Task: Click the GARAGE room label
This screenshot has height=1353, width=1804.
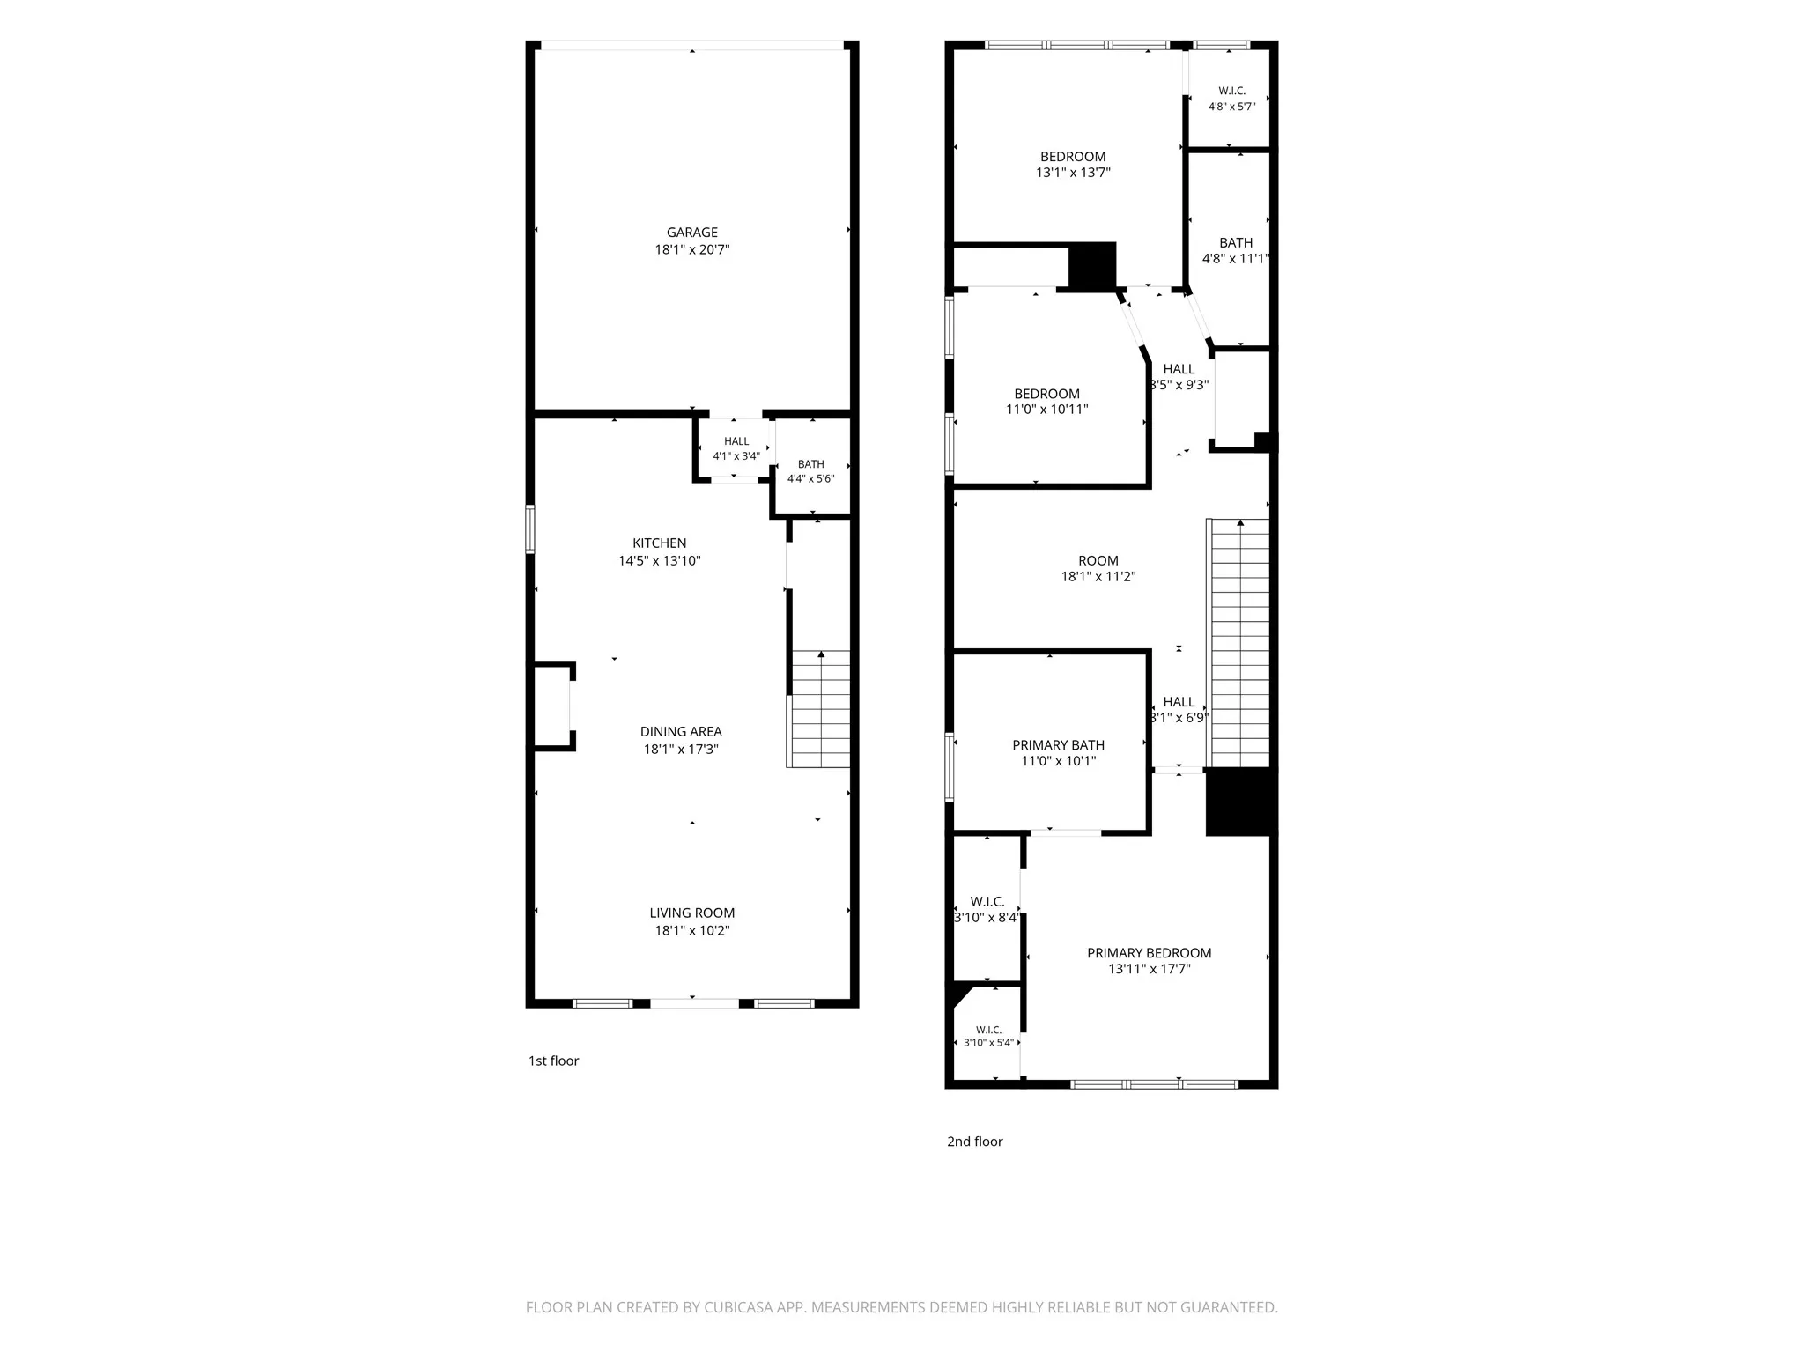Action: click(x=691, y=233)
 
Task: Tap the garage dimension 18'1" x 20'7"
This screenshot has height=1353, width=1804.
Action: click(x=691, y=249)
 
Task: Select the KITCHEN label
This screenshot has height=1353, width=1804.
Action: click(x=659, y=543)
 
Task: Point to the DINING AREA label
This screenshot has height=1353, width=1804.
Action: click(x=681, y=731)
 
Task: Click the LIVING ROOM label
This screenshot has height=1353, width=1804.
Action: click(x=691, y=913)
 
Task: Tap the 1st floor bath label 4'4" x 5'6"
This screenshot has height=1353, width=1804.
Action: click(x=810, y=479)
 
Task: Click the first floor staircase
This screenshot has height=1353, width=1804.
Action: click(x=818, y=709)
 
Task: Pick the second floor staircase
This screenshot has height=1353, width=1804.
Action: click(x=1238, y=643)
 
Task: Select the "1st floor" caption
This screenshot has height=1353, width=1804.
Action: click(x=553, y=1061)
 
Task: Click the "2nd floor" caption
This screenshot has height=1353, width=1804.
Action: click(x=974, y=1142)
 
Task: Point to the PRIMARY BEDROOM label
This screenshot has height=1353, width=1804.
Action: click(x=1149, y=953)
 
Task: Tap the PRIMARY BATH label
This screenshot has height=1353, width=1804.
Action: click(x=1058, y=745)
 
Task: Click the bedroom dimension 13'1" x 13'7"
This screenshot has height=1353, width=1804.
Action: click(x=1073, y=173)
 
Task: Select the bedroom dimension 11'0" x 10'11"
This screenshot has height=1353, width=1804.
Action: click(x=1046, y=410)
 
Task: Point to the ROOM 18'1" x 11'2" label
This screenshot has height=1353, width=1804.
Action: click(x=1098, y=569)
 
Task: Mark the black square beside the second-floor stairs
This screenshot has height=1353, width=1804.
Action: click(x=1240, y=802)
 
